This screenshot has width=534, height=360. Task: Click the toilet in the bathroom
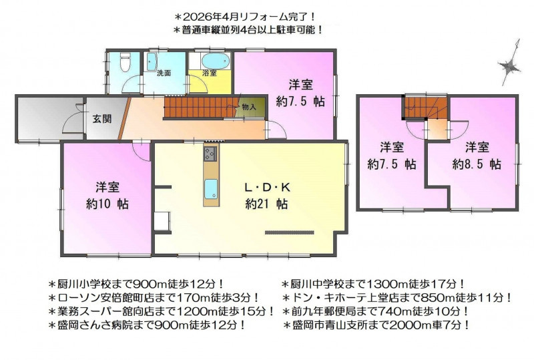125,61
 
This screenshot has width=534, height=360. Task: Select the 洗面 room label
164,73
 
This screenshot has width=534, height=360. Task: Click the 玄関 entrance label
102,119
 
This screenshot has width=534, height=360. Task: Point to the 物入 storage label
249,107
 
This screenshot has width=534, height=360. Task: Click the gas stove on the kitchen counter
210,154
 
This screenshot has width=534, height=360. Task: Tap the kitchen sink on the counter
211,188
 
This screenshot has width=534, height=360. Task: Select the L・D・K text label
268,188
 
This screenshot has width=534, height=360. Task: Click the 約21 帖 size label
266,204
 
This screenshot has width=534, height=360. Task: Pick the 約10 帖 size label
107,204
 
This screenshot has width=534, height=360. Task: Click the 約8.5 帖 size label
477,165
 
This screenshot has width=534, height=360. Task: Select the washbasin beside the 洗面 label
152,61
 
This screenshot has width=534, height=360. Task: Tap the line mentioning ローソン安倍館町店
154,298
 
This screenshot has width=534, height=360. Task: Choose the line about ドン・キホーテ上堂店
397,298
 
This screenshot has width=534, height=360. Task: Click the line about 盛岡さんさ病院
147,325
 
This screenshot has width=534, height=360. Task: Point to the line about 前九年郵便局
376,311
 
